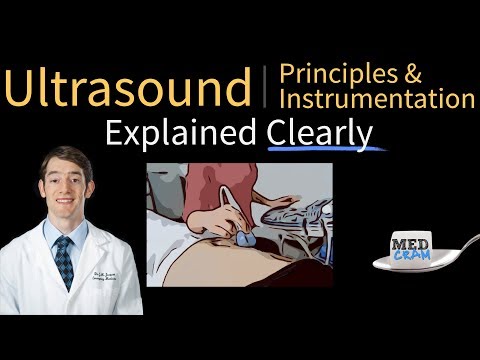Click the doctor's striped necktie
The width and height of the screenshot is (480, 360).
(65, 262)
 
